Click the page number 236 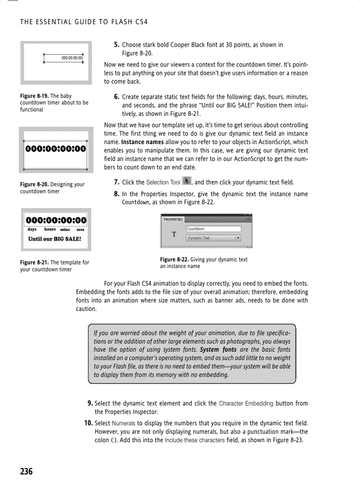[26, 472]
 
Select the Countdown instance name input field [214, 229]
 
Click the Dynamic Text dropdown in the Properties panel [214, 238]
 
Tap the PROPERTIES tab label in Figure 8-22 [173, 219]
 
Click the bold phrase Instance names [140, 142]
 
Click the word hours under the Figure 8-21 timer [50, 229]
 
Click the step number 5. [117, 45]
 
